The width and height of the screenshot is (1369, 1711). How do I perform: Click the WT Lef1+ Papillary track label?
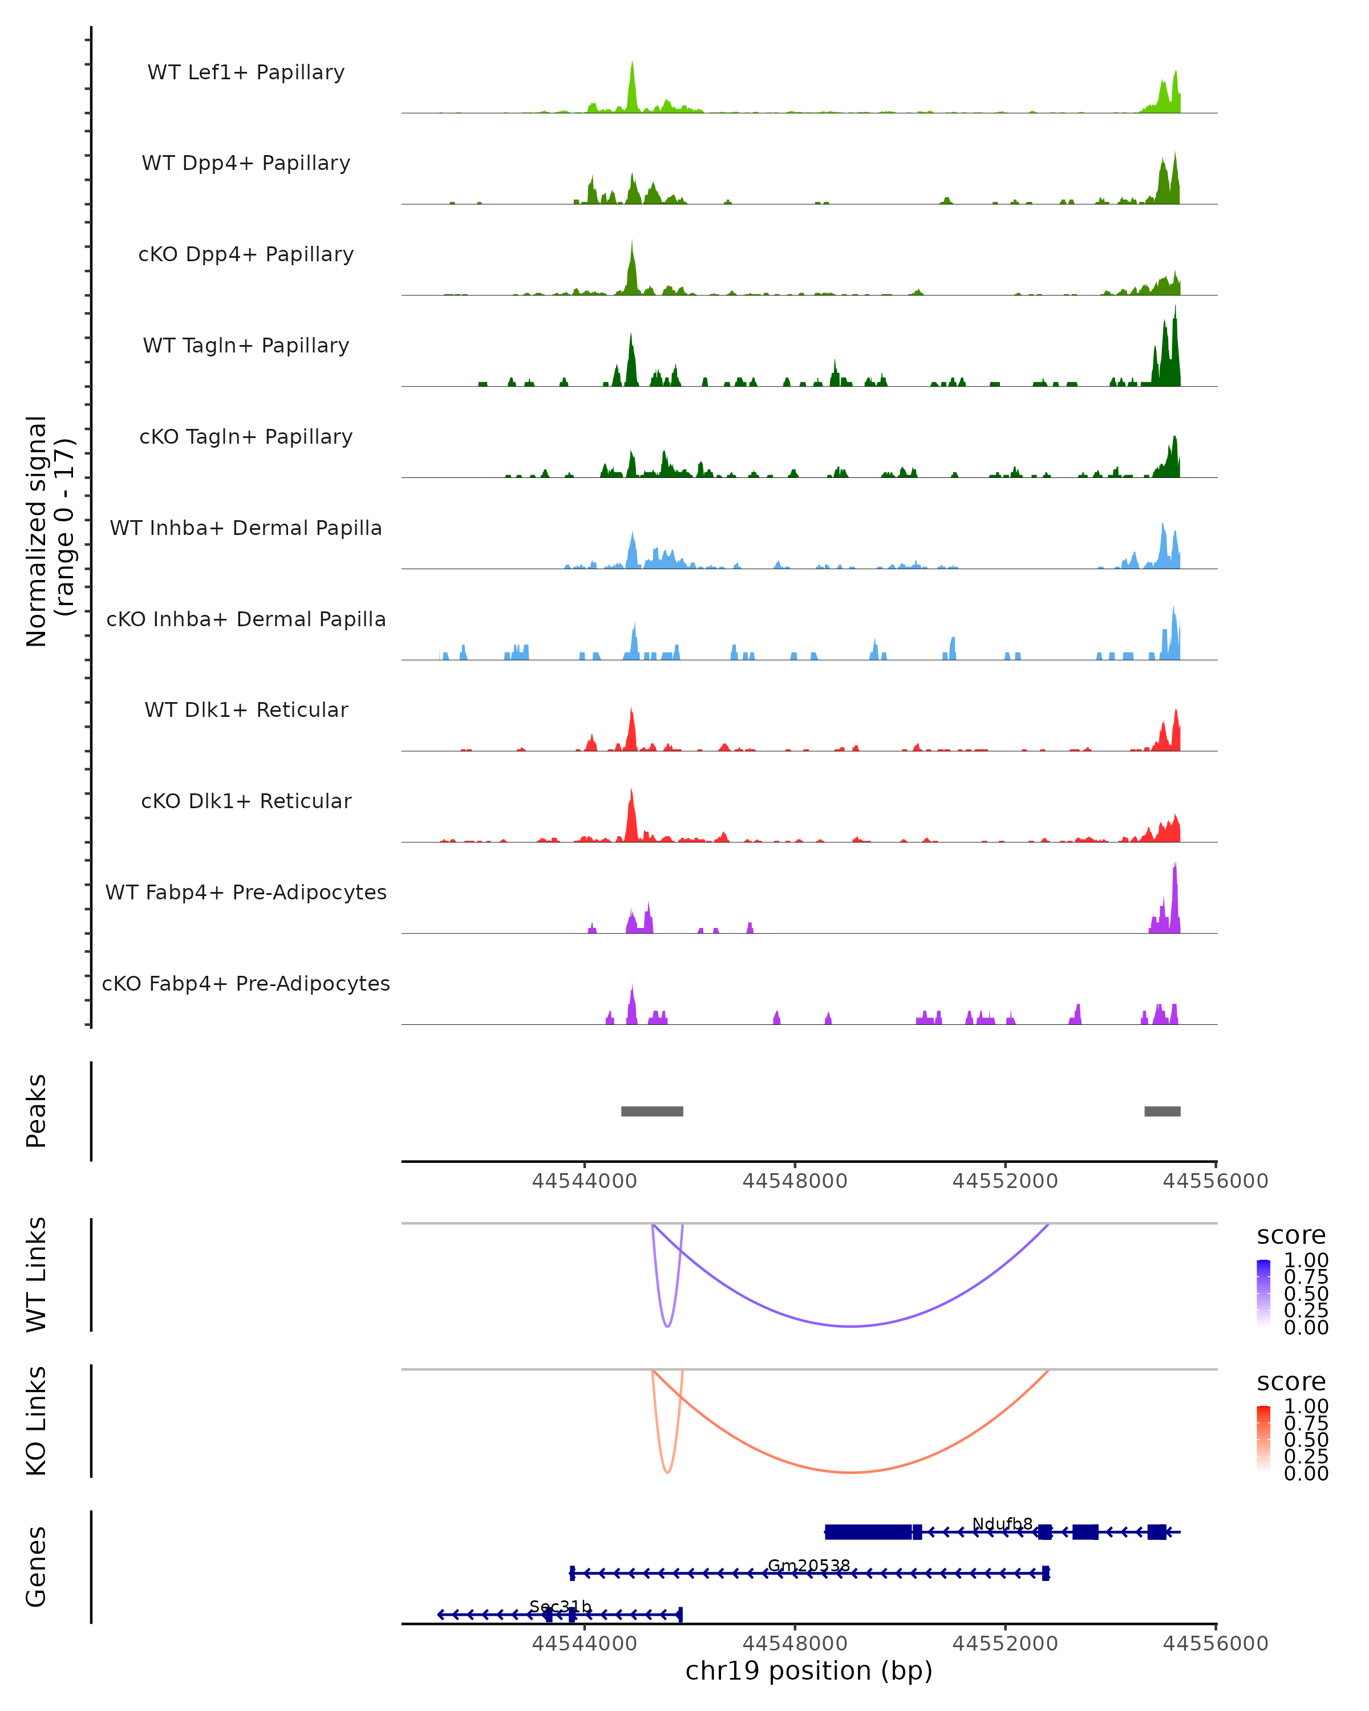tap(246, 73)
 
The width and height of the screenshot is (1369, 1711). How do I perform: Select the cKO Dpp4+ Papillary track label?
tap(246, 255)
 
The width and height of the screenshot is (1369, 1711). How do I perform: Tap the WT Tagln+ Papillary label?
tap(246, 346)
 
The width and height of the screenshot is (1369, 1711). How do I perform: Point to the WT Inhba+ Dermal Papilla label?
tap(246, 529)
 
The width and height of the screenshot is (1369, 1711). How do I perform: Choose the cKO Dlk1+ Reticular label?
tap(246, 801)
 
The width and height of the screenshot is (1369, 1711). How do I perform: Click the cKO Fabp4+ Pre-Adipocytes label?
tap(246, 984)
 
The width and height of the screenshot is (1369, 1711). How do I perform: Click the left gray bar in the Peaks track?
tap(651, 1111)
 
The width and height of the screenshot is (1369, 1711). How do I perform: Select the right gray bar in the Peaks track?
tap(1162, 1111)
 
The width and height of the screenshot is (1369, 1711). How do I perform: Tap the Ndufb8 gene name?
tap(1002, 1524)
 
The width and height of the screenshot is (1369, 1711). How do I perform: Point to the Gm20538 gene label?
tap(809, 1566)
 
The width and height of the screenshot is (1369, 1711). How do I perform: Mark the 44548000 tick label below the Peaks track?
tap(795, 1182)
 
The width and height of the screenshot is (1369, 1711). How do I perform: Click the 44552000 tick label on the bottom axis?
tap(1005, 1644)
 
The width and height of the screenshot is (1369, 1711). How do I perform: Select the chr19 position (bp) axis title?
tap(809, 1671)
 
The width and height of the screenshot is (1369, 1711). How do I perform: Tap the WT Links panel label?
tap(37, 1275)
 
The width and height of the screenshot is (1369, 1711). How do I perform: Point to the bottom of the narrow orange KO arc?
tap(667, 1473)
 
